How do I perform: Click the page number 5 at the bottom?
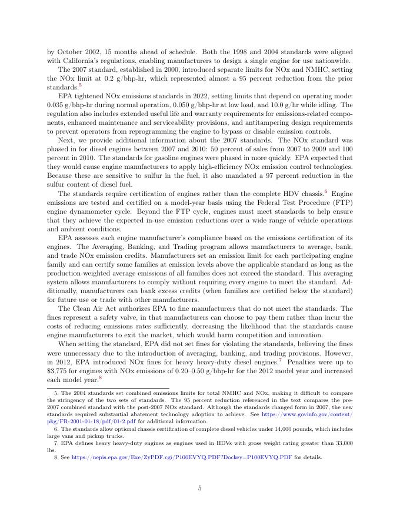(200, 488)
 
